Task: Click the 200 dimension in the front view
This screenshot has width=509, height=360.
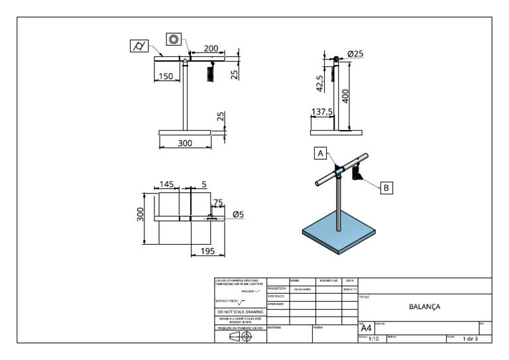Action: (211, 48)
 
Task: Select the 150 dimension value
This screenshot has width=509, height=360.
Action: (166, 76)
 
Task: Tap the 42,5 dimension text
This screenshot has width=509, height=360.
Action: (320, 83)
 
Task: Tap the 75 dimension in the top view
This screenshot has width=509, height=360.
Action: (217, 203)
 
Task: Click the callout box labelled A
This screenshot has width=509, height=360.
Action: (321, 153)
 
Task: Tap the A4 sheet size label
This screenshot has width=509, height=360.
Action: (365, 328)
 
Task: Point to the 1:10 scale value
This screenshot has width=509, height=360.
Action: (374, 339)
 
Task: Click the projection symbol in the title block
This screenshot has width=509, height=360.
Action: (239, 336)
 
